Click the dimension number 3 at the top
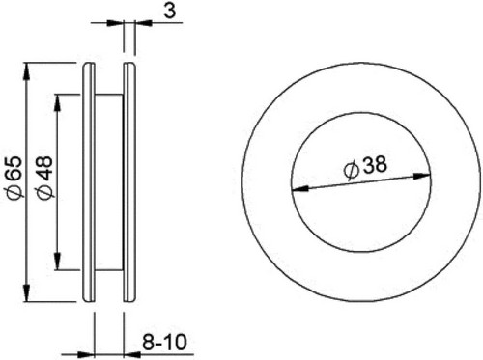pos(170,11)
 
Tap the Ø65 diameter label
pos(14,178)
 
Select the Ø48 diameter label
pos(44,178)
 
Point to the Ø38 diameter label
pos(365,166)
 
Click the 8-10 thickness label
pos(164,342)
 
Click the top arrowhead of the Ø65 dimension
pos(27,71)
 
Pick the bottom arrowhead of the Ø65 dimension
pos(27,293)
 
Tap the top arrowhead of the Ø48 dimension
pos(57,103)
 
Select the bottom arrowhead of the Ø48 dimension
pos(57,262)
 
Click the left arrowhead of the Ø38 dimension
pos(299,189)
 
